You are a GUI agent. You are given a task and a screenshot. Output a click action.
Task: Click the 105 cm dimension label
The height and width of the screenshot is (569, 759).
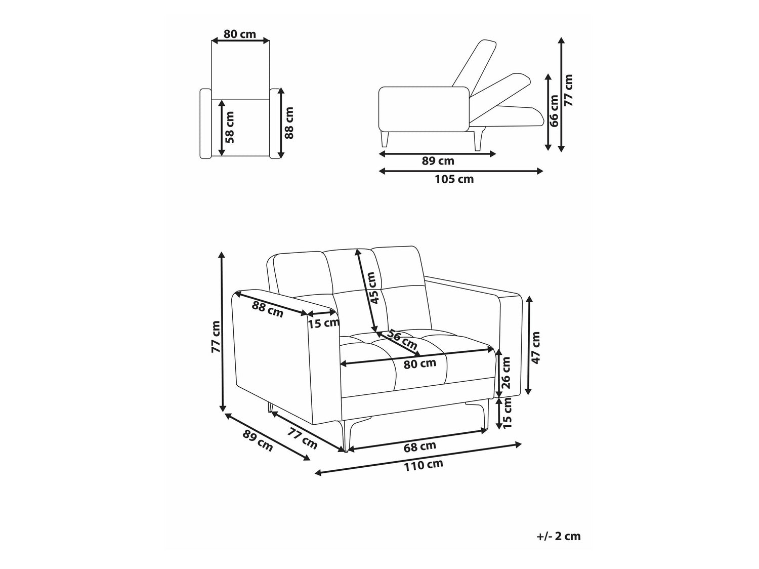pos(454,179)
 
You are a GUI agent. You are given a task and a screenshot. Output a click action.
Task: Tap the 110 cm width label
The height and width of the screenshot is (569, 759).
pos(424,465)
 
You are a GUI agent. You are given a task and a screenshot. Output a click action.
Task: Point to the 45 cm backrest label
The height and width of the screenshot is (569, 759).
pos(374,288)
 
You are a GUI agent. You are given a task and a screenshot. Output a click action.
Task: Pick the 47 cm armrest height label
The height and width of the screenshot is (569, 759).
pos(535,348)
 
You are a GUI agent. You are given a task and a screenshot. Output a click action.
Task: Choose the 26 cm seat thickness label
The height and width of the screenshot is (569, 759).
pos(505,373)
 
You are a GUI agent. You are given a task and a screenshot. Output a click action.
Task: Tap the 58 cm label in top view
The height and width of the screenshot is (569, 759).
pos(229,127)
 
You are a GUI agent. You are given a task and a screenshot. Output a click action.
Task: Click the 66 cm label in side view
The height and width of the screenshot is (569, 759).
pos(554,111)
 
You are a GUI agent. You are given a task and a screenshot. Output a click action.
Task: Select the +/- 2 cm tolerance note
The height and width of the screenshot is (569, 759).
pos(559,536)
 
